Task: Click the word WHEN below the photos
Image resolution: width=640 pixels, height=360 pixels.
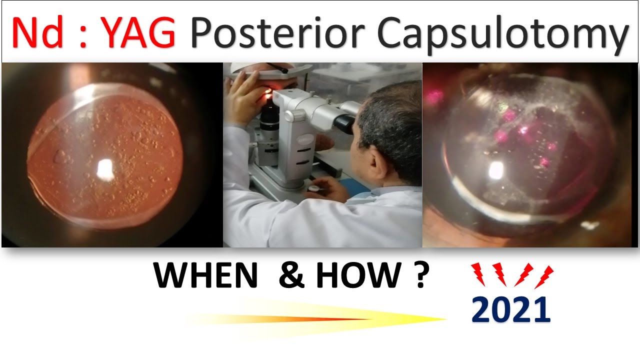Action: (x=205, y=276)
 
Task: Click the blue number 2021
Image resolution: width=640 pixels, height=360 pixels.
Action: (x=510, y=310)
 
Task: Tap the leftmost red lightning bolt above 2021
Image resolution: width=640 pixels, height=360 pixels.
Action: (x=478, y=273)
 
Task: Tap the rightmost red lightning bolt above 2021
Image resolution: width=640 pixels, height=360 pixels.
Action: (x=544, y=276)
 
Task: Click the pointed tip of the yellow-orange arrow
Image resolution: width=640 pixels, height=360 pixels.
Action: (x=445, y=319)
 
